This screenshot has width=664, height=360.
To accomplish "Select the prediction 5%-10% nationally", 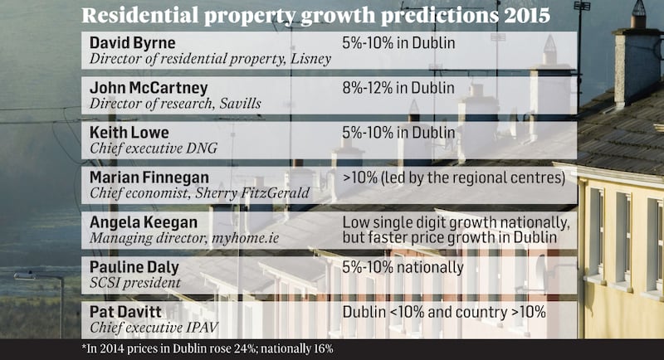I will point(403,267).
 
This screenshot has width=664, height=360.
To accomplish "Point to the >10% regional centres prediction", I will point(447,177).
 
